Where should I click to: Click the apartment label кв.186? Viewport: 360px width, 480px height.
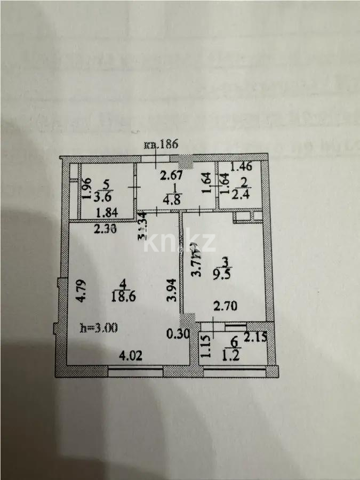click(160, 143)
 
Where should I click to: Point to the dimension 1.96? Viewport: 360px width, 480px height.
click(89, 188)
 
